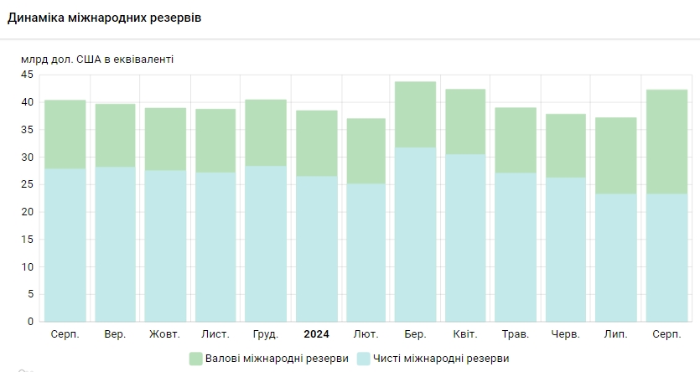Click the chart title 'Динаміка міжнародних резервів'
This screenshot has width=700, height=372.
104,18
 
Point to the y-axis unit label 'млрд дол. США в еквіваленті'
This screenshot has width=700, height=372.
97,59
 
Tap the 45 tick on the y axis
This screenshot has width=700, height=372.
27,75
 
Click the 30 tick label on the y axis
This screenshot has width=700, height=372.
27,157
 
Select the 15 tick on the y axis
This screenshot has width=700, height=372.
27,239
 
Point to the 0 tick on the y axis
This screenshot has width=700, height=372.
30,321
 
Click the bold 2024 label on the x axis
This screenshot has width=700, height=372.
316,334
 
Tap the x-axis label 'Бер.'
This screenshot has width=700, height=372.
415,334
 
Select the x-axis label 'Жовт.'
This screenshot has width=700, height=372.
164,334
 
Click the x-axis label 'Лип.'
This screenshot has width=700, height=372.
615,334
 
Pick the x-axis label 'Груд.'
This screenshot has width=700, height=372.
265,334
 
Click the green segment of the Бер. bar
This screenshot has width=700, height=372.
415,114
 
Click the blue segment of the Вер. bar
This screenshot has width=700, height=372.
115,244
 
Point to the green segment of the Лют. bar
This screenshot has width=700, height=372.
366,151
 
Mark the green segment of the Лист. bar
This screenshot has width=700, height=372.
215,140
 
